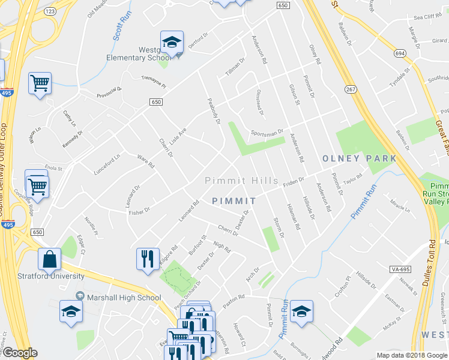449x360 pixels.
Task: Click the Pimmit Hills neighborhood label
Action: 241,181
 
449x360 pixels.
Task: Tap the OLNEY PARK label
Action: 359,158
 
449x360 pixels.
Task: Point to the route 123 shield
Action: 50,11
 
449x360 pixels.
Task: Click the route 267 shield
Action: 350,89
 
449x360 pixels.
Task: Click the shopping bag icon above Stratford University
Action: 49,260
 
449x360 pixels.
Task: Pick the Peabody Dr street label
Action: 214,112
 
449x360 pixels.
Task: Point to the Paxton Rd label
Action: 234,297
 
